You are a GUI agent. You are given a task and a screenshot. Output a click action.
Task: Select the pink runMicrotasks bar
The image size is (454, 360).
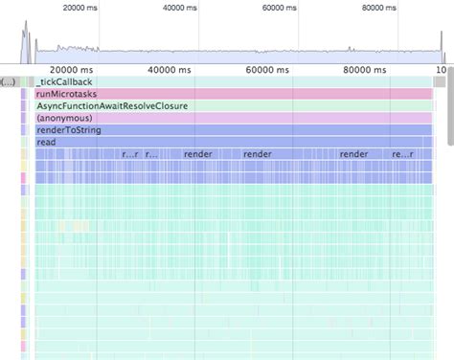point(65,94)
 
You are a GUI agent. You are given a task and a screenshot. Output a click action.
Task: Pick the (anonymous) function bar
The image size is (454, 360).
point(63,118)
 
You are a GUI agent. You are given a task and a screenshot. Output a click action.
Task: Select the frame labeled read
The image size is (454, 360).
point(45,142)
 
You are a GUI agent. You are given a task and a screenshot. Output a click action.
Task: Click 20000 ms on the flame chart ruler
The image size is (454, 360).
point(72,70)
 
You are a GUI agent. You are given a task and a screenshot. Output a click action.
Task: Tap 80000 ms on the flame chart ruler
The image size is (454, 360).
point(368,70)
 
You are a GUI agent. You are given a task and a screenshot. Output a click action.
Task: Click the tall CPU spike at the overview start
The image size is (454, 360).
point(26,43)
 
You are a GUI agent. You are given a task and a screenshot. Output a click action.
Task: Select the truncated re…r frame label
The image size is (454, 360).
point(131,153)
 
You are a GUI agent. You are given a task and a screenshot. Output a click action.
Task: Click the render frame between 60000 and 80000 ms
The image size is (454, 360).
point(353,153)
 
